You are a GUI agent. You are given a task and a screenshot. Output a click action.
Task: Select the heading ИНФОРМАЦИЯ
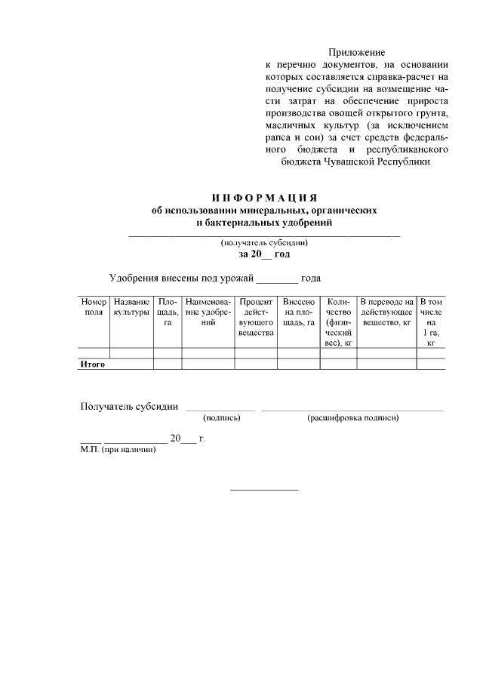point(263,198)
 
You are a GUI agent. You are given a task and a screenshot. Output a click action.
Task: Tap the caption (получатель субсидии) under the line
point(263,243)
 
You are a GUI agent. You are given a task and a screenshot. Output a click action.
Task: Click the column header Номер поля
point(94,307)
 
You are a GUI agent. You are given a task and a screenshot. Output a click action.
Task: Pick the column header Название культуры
point(131,307)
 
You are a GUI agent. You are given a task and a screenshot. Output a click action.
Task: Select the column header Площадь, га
point(168,312)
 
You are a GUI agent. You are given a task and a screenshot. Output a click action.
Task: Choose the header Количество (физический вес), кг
point(339,322)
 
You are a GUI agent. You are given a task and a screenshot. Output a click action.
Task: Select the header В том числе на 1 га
point(431,322)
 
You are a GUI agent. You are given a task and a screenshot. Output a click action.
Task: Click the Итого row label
point(93,365)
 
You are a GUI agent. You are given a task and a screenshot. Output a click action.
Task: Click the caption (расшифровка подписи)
point(352,417)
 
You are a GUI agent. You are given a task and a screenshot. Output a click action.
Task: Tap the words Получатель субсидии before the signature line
point(129,407)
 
